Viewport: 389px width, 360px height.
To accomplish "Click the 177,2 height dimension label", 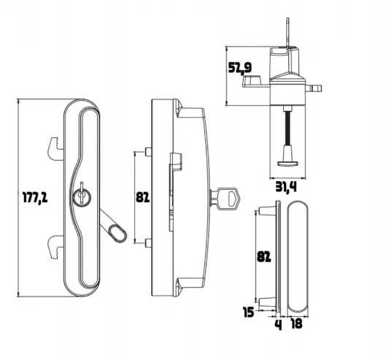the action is click(35, 198).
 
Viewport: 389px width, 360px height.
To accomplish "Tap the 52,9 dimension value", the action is click(240, 68).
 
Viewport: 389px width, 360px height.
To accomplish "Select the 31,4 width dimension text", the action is click(286, 187).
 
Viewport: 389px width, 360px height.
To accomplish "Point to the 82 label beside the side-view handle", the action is click(142, 197).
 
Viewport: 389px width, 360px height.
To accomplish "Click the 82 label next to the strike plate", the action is click(263, 257).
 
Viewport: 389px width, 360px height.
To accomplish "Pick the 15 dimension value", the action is click(249, 312).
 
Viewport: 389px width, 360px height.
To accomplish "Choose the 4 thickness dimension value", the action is click(279, 325).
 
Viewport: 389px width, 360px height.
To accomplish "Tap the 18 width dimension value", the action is click(296, 323).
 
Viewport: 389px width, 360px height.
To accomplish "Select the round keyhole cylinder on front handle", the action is click(82, 197).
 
